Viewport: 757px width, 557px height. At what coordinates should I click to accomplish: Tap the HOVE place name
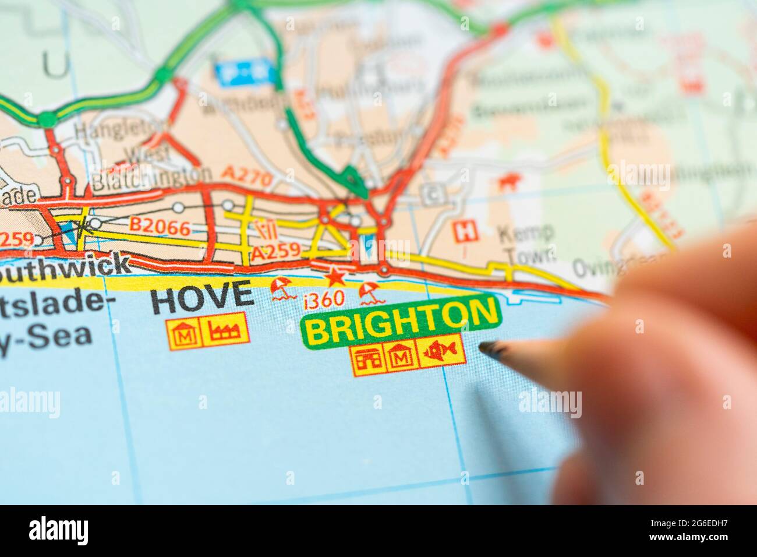click(202, 297)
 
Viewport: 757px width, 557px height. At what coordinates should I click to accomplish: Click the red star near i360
click(334, 276)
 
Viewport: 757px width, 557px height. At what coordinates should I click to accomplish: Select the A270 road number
click(247, 177)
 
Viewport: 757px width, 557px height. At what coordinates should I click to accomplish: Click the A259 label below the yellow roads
click(275, 253)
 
